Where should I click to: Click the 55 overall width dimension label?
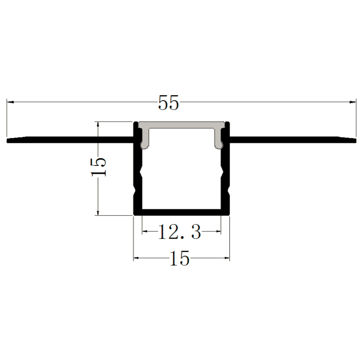pos(168,103)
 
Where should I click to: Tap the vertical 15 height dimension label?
pos(99,167)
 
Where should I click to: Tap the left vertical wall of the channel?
pos(137,176)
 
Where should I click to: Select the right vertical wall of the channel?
pos(226,176)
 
